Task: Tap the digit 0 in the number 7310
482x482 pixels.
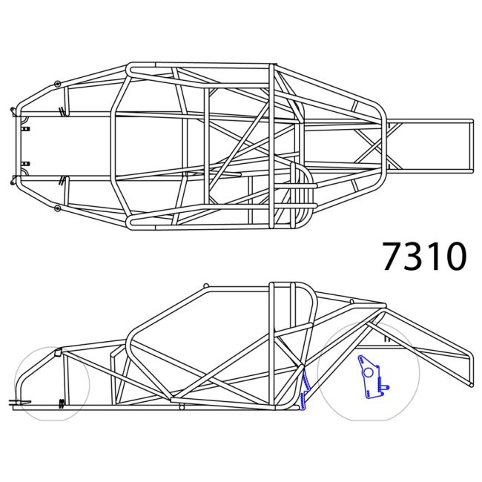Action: coord(454,256)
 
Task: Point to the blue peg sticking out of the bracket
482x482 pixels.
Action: coord(386,386)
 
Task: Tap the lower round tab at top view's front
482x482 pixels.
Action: coord(57,209)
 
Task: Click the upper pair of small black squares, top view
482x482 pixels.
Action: coord(26,129)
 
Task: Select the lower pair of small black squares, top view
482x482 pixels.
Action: coord(26,163)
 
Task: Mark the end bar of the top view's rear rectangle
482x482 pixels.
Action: coord(471,145)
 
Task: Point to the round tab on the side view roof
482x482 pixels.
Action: coord(206,286)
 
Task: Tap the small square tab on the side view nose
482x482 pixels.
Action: coord(57,351)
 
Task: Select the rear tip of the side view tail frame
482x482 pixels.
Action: coord(469,383)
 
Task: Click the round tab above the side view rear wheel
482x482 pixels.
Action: coord(351,300)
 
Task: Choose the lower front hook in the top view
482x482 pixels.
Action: coord(13,179)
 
